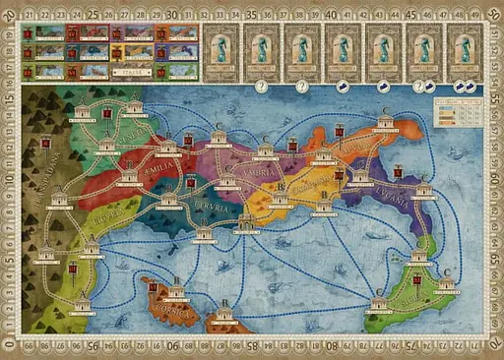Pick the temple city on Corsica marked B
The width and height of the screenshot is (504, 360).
(177, 292)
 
